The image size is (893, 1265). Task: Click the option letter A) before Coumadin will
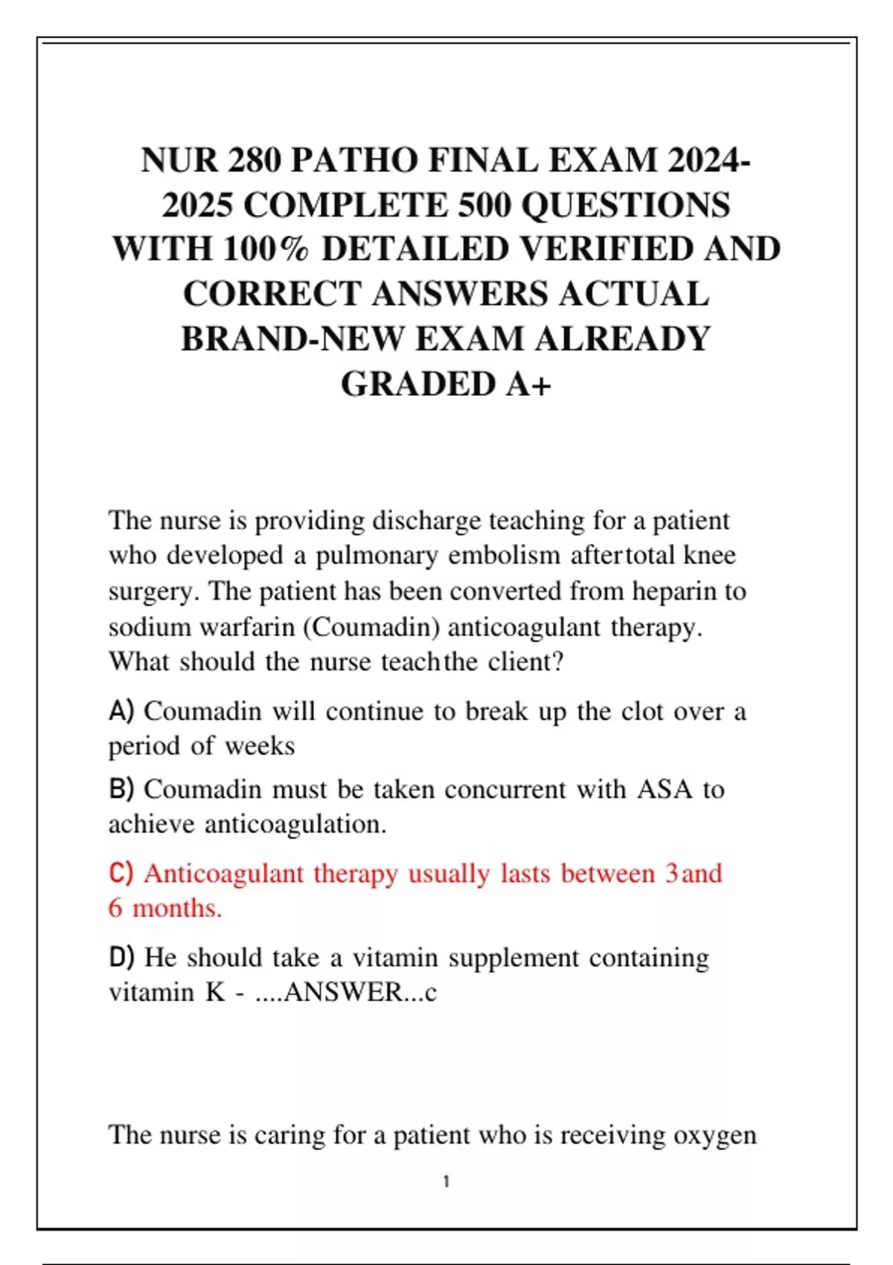coord(121,711)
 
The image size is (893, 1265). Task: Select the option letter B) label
coord(121,789)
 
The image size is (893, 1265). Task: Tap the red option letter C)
coord(121,873)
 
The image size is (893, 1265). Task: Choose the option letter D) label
coord(122,957)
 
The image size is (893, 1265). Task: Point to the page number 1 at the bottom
coord(446,1181)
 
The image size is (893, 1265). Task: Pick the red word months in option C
coord(177,908)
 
